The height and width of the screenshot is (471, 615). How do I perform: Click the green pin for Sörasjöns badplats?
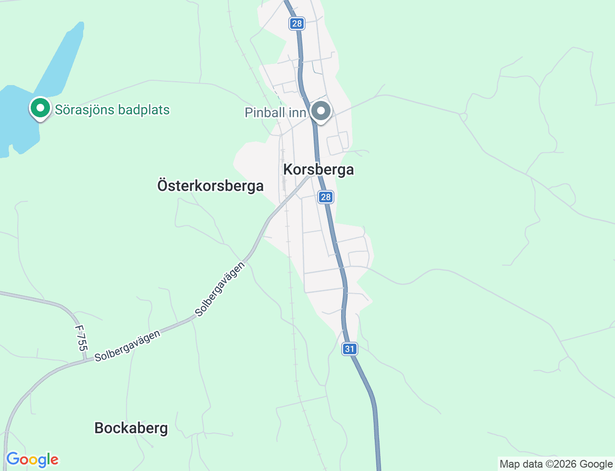tap(40, 108)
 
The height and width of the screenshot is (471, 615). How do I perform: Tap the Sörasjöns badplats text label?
tap(112, 110)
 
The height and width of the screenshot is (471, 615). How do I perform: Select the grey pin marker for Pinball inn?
tap(321, 111)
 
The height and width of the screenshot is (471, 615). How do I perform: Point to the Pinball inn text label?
tap(275, 112)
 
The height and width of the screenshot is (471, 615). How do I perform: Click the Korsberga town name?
tap(319, 170)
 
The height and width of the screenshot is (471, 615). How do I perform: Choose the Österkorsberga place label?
tap(210, 186)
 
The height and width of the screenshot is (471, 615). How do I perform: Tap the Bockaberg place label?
tap(131, 428)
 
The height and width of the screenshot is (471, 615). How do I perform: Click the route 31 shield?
tap(350, 349)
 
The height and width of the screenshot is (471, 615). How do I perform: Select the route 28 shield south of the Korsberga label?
tap(326, 197)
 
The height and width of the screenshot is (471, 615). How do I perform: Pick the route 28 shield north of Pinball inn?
tap(297, 23)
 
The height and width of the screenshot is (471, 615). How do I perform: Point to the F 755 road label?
tap(81, 338)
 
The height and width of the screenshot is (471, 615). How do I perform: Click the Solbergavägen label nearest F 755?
tap(127, 346)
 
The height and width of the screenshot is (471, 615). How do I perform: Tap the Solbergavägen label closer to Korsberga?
tap(220, 289)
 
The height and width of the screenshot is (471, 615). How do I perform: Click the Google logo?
tap(32, 460)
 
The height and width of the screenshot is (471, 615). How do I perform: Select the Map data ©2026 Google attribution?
tap(556, 464)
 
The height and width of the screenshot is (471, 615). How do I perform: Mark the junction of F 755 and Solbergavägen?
tap(86, 359)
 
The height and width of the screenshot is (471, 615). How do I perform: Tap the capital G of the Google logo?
tap(12, 459)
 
